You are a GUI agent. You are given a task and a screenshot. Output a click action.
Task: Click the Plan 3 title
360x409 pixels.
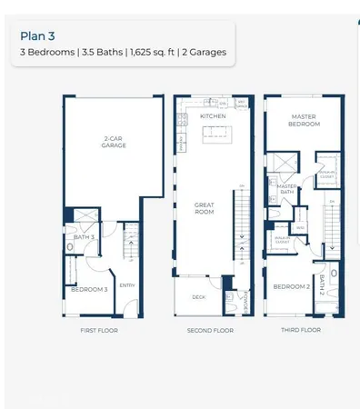click(37, 37)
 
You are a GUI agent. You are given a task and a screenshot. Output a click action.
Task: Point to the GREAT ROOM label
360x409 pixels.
click(204, 208)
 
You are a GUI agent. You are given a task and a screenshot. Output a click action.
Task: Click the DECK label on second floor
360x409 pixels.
click(198, 297)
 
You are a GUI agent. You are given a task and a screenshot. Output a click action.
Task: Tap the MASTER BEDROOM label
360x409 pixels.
click(302, 120)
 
